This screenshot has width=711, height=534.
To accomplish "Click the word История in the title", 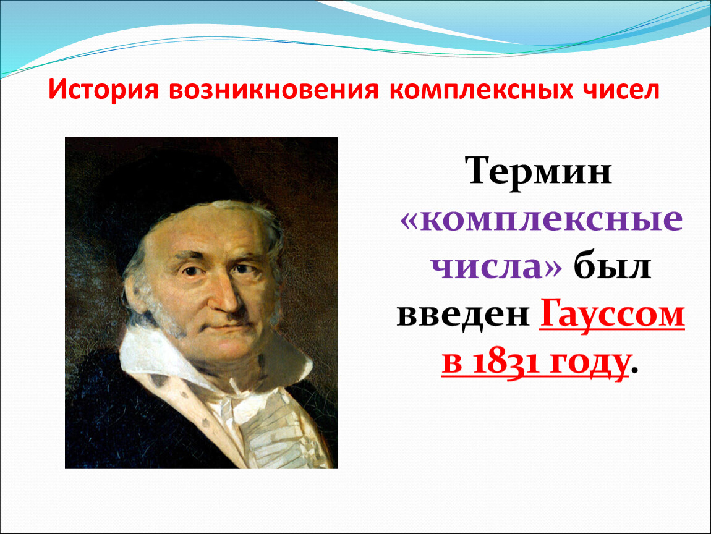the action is coord(103,90).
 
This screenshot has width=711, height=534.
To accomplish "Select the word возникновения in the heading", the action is coord(274,90).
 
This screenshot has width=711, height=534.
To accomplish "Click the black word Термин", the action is coord(539,171).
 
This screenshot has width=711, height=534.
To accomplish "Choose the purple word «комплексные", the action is coord(542,221).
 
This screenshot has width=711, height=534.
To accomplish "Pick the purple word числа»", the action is coord(496,267).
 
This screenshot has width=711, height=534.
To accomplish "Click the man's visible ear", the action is coord(136,295).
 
